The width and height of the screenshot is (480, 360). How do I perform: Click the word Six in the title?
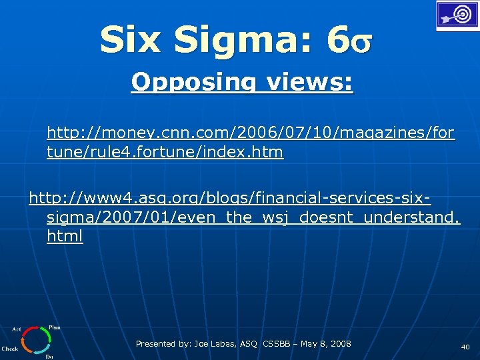click(131, 41)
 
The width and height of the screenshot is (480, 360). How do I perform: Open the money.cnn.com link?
click(251, 134)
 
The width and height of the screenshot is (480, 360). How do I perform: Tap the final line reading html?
click(65, 237)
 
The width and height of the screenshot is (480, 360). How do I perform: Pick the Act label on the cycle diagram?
click(17, 329)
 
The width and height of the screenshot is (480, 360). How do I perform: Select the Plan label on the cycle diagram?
click(55, 327)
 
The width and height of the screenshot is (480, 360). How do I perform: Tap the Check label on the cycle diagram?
click(9, 349)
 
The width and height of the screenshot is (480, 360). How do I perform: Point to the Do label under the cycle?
click(49, 357)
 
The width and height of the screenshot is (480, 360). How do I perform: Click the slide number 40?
click(465, 347)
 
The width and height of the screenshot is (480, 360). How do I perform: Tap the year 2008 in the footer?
click(340, 344)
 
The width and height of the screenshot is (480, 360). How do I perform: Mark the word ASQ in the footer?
click(249, 344)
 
